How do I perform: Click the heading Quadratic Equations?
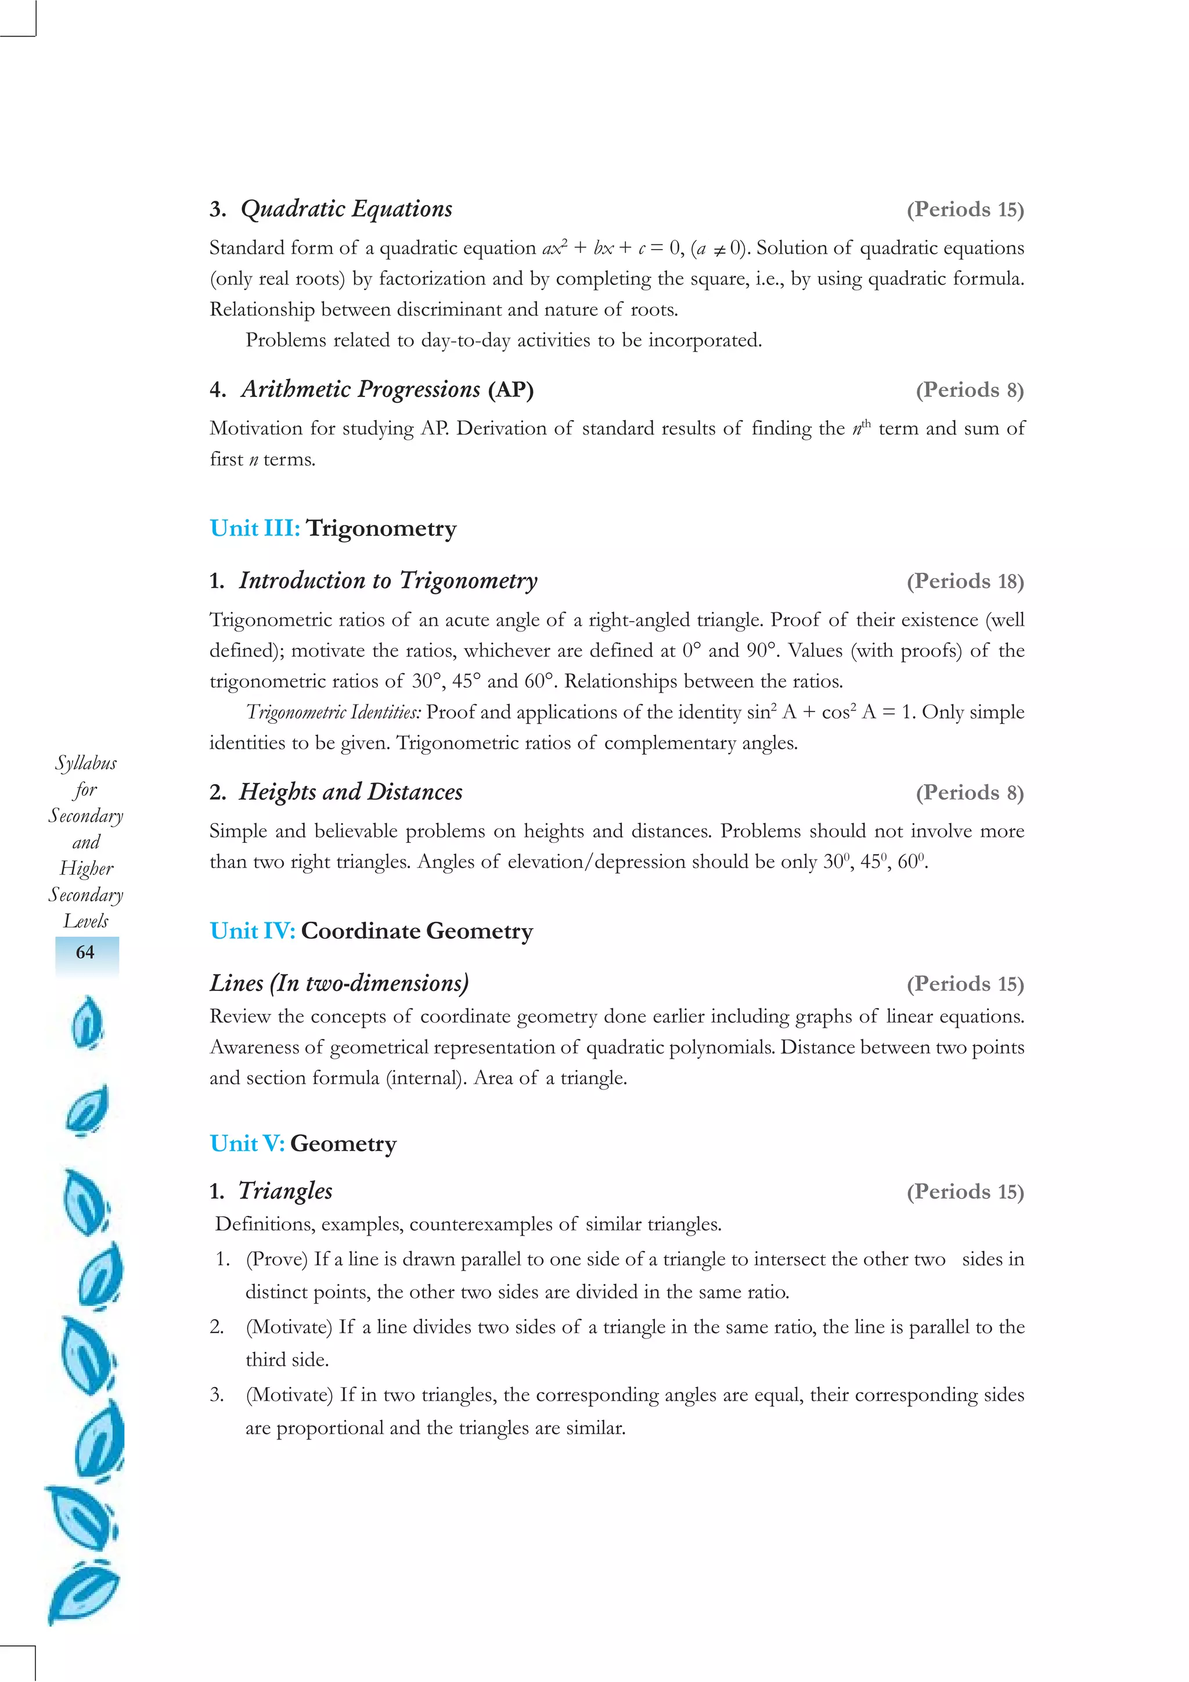346,210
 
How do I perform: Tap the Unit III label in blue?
254,528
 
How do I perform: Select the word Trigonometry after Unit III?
381,528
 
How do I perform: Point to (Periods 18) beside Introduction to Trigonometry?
965,582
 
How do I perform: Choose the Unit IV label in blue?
252,931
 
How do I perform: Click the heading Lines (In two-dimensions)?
338,983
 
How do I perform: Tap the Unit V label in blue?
247,1143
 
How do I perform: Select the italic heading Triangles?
285,1191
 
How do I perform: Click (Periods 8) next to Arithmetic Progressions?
969,389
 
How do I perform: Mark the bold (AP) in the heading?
511,389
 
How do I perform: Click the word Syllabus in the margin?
86,763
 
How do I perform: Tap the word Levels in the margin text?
86,921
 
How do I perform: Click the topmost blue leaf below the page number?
87,1023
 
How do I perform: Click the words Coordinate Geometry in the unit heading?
417,931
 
